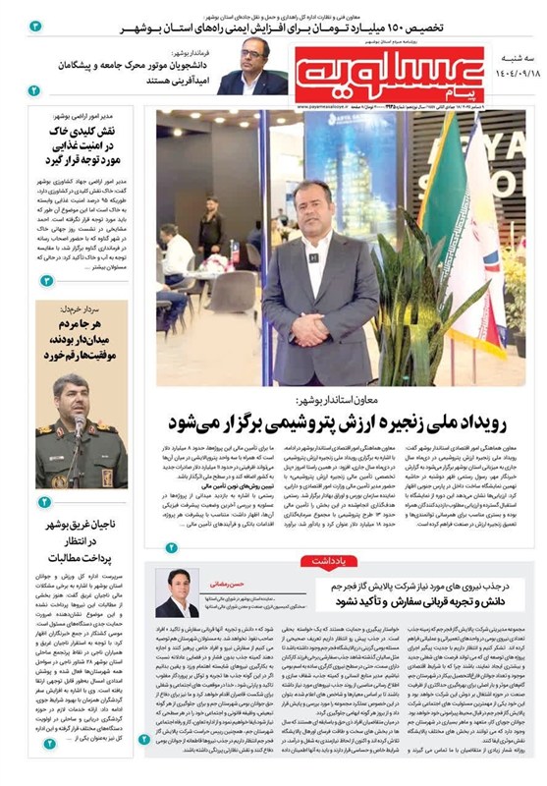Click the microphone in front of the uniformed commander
(79, 425)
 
